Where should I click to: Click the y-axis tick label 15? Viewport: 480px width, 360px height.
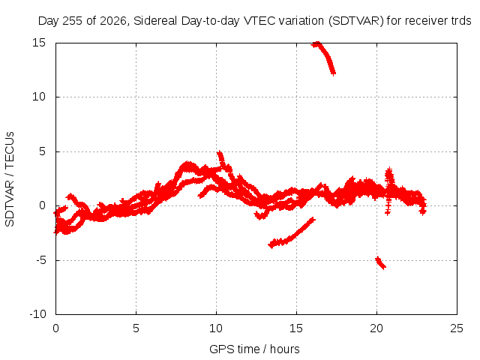click(39, 43)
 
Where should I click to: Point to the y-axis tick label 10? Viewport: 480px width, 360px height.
click(39, 97)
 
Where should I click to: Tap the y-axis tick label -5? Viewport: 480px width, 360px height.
click(40, 260)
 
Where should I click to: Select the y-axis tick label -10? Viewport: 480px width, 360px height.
click(37, 314)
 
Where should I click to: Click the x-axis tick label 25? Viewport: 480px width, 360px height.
click(457, 328)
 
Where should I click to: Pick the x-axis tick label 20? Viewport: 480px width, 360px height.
click(376, 328)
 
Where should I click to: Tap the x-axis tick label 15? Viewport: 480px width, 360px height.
click(296, 328)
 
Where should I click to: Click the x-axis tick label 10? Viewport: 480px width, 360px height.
click(216, 328)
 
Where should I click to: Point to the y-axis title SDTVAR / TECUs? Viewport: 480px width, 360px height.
click(10, 179)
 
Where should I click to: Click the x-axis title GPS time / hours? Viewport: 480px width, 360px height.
click(254, 349)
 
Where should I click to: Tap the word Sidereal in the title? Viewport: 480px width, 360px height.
click(155, 21)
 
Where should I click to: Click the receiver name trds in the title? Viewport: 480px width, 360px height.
click(461, 21)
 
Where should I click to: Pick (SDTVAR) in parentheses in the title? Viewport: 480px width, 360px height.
click(356, 21)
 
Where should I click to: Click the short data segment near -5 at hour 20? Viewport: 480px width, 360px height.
click(380, 262)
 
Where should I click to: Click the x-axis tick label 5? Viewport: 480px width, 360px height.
click(136, 328)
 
